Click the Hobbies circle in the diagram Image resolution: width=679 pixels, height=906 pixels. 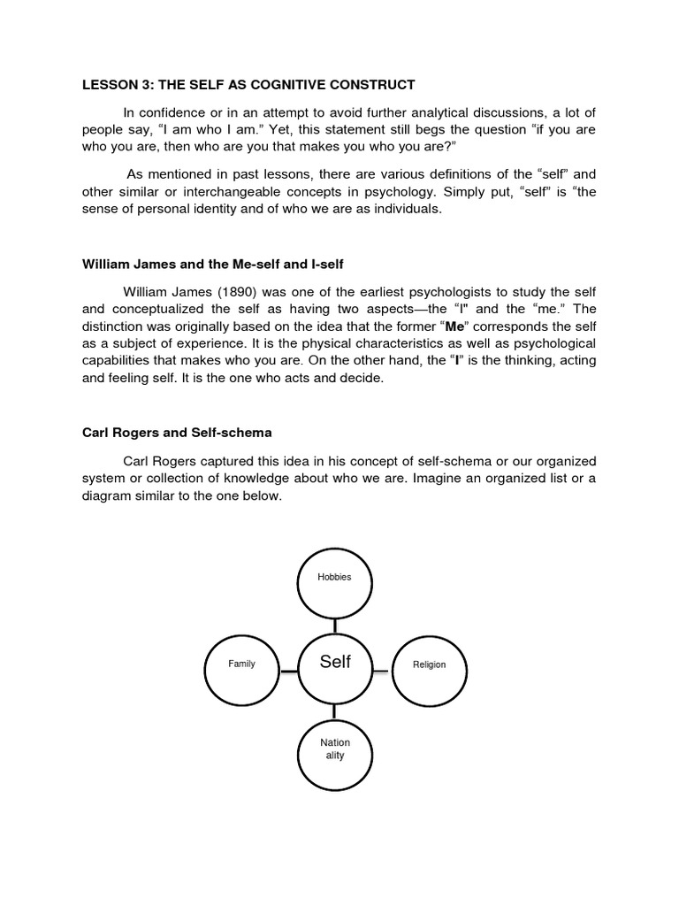[335, 584]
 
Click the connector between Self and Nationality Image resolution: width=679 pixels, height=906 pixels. [335, 715]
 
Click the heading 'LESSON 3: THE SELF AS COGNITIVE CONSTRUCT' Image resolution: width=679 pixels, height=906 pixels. [248, 84]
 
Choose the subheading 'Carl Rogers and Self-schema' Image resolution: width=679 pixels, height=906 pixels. [177, 434]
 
